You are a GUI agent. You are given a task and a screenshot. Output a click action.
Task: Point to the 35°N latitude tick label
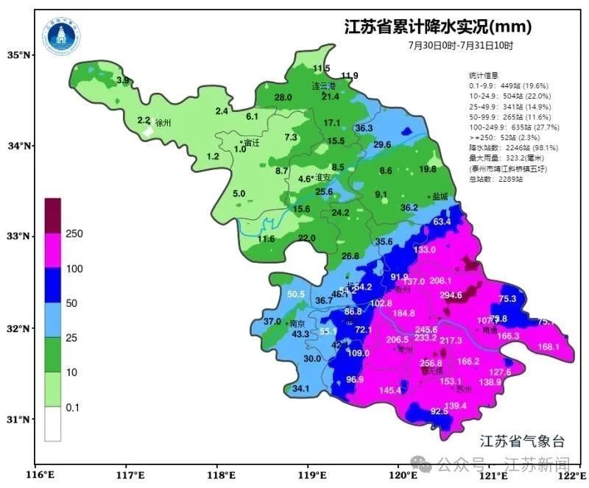(x=18, y=55)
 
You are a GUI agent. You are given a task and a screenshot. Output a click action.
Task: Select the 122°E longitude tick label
(x=569, y=476)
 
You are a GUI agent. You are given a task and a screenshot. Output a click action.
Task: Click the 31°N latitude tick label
(x=18, y=420)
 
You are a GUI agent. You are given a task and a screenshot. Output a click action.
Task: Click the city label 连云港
(x=322, y=86)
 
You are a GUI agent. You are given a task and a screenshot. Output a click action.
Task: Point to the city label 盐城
(x=441, y=197)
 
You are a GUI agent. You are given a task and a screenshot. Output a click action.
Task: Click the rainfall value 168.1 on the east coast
(x=549, y=347)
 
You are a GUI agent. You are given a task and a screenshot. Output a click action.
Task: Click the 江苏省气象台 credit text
(x=522, y=442)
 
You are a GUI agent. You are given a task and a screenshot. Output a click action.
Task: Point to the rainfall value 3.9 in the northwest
(x=123, y=79)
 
